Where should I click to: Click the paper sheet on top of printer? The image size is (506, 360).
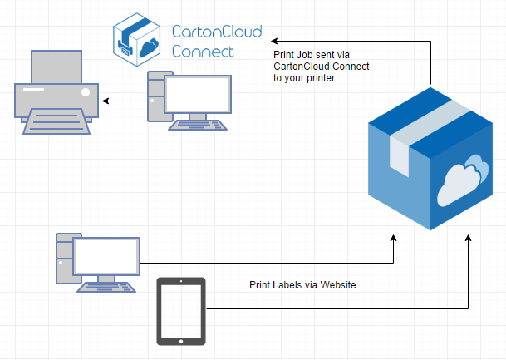click(56, 63)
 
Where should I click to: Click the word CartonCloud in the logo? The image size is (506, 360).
click(216, 32)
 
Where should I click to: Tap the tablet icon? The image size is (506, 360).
click(181, 312)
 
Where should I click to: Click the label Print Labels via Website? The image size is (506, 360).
click(302, 284)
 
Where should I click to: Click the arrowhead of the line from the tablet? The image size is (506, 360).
click(469, 239)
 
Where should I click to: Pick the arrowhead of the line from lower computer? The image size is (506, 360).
click(395, 239)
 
